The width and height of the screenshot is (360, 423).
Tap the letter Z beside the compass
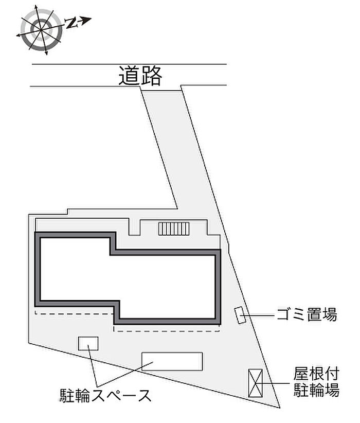[73, 22]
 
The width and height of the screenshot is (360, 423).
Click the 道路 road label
[140, 76]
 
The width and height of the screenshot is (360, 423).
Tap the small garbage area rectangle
[240, 315]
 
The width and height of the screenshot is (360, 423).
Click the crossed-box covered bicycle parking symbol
[256, 383]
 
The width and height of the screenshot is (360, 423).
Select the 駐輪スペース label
[105, 396]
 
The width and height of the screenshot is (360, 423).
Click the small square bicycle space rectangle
[88, 343]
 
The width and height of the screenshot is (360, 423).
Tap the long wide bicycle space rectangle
[172, 361]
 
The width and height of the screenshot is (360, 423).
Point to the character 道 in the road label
[129, 76]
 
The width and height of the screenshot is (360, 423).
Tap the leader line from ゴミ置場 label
[260, 314]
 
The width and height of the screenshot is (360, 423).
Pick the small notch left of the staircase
[134, 227]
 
